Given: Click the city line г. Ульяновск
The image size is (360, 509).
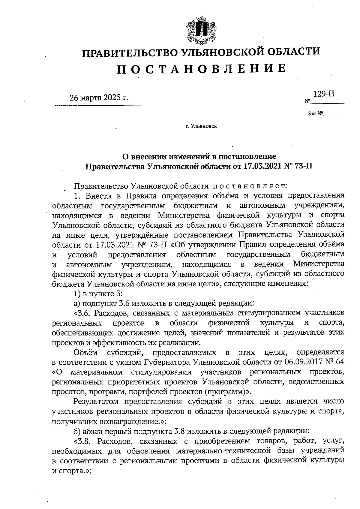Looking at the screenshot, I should (x=201, y=126).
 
